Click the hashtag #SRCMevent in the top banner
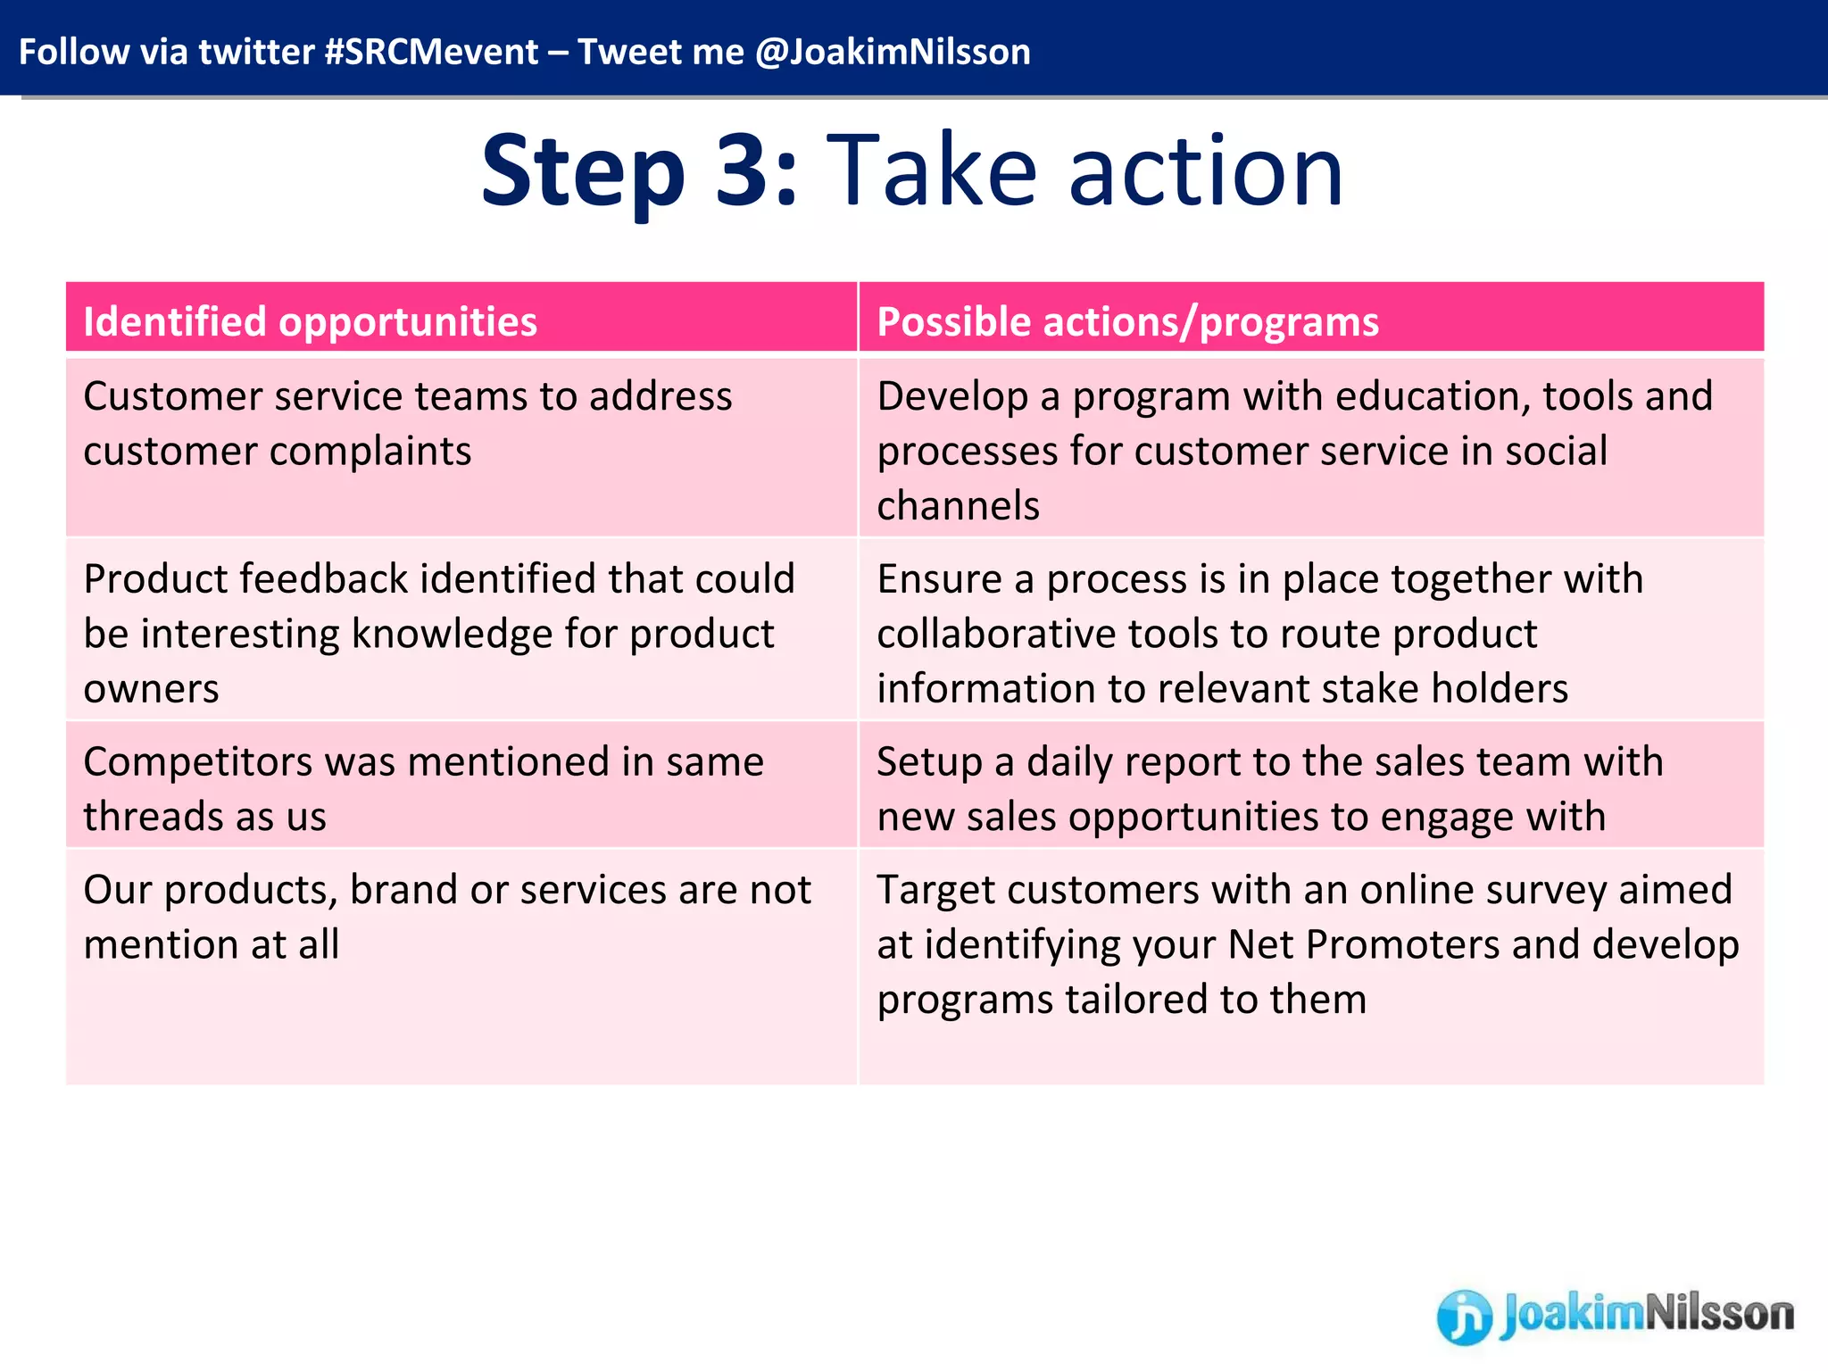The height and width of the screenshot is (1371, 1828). pyautogui.click(x=431, y=52)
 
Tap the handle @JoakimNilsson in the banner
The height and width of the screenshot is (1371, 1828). pyautogui.click(x=892, y=52)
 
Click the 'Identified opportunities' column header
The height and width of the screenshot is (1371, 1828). pyautogui.click(x=310, y=321)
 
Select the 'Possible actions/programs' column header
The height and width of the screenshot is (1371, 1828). pyautogui.click(x=1127, y=321)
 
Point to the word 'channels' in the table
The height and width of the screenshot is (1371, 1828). pyautogui.click(x=958, y=506)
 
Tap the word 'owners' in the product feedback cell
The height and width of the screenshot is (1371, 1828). pyautogui.click(x=151, y=689)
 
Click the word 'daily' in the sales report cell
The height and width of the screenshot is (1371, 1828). pyautogui.click(x=1069, y=762)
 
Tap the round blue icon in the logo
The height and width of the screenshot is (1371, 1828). pyautogui.click(x=1464, y=1317)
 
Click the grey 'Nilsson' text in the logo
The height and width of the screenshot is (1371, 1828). pyautogui.click(x=1718, y=1313)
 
